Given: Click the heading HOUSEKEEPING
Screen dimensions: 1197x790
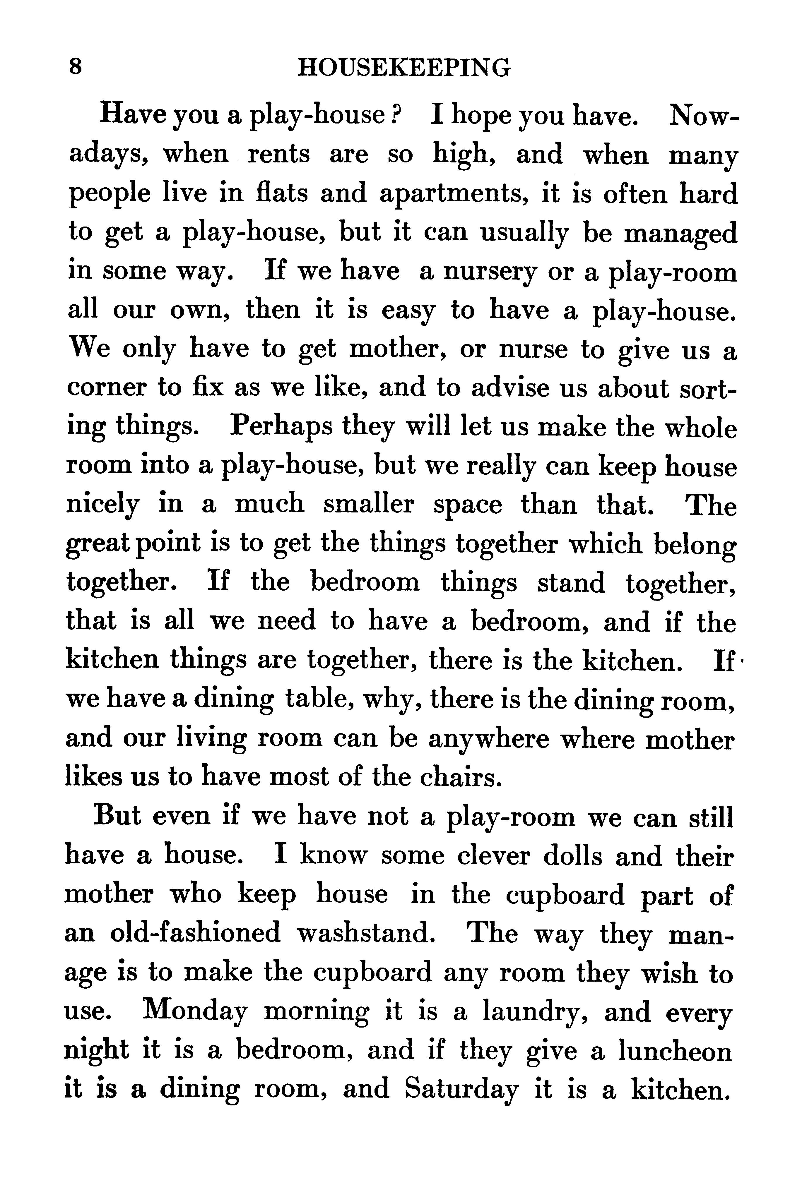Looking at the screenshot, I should (x=404, y=68).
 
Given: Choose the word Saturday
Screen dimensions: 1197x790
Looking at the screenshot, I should (x=461, y=1089).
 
